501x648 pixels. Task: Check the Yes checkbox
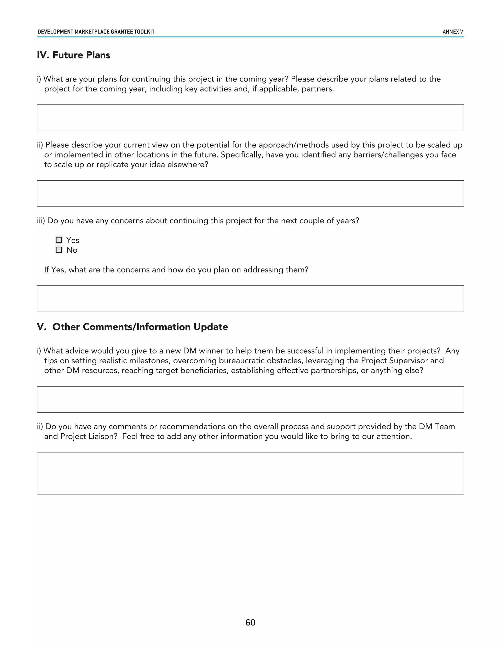pos(59,240)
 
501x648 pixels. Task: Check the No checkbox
pos(59,250)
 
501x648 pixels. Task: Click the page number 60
pos(250,622)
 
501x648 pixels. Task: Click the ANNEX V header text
pos(453,32)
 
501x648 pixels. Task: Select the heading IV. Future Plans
pos(73,55)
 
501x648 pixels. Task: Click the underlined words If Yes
pos(54,270)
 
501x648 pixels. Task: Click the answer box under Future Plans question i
pos(250,118)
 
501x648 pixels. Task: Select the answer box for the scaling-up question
pos(250,193)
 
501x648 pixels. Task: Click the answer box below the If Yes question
pos(250,299)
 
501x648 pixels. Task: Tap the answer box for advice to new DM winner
pos(250,399)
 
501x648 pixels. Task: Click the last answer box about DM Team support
pos(250,474)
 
